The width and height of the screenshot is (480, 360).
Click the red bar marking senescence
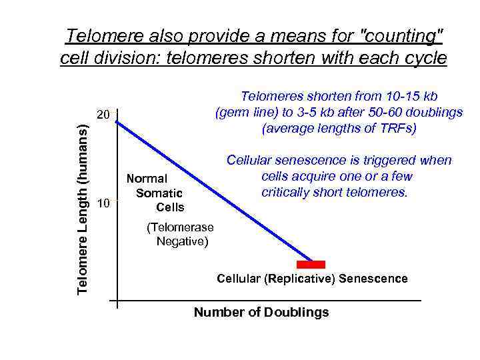point(311,265)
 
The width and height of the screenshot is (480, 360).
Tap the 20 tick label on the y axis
point(103,115)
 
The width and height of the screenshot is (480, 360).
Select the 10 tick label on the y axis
point(103,203)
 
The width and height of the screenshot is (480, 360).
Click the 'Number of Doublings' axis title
point(261,312)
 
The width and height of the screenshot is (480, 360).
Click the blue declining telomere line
point(213,191)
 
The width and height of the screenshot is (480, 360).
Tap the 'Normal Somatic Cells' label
point(155,193)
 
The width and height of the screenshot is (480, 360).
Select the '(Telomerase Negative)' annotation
point(179,234)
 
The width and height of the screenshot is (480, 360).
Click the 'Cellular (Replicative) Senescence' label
point(312,279)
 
